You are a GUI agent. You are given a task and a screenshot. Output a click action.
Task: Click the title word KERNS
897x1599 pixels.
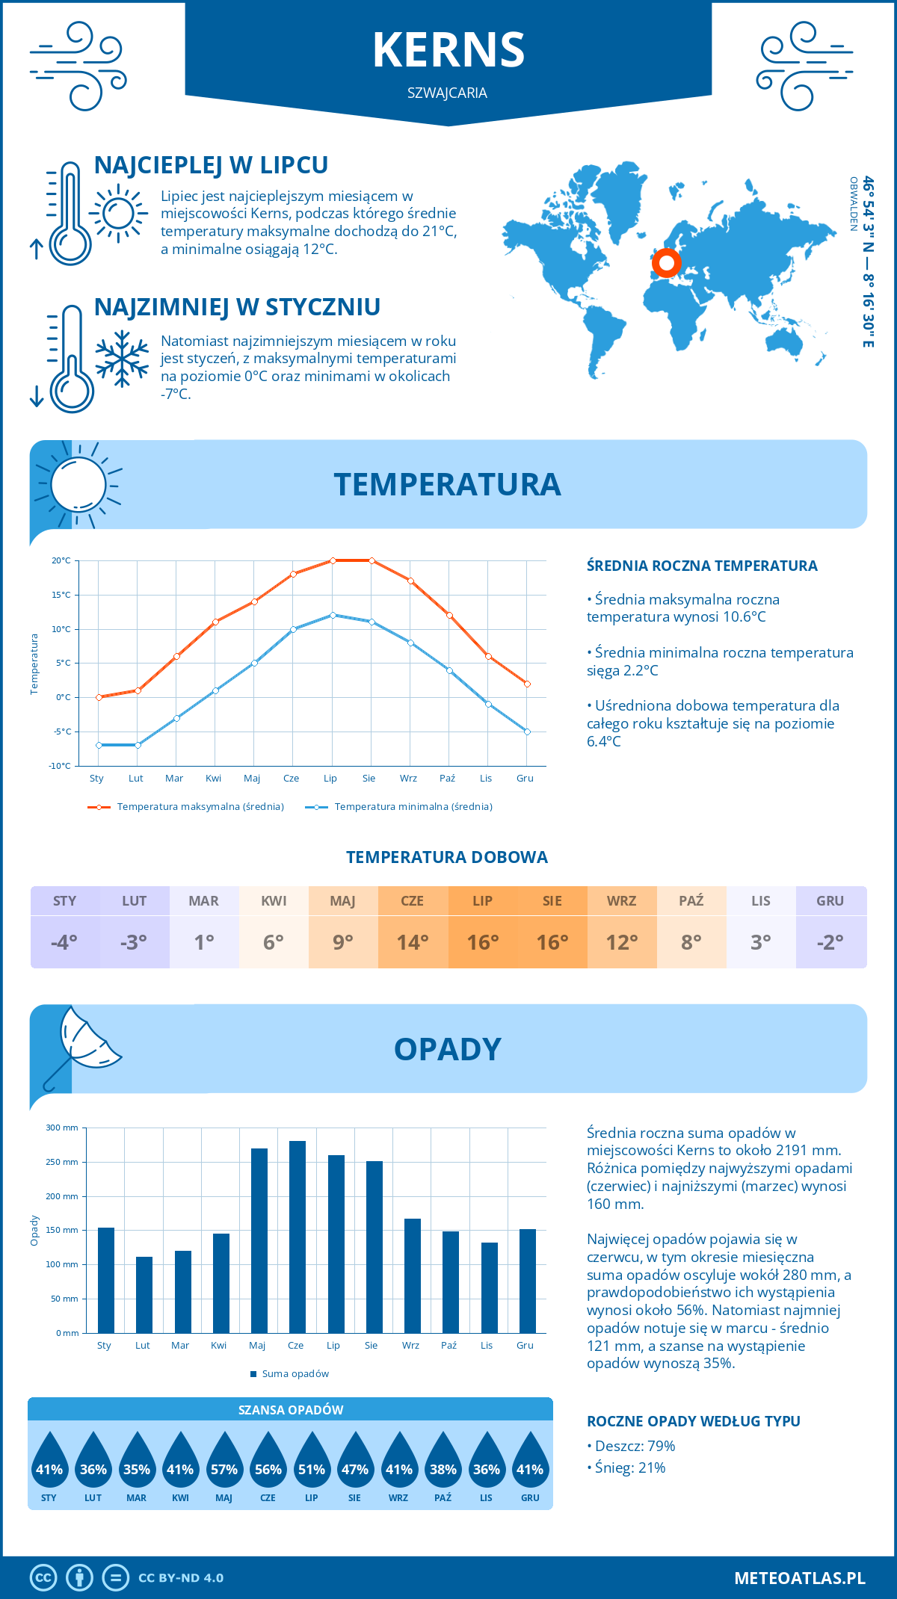(x=449, y=50)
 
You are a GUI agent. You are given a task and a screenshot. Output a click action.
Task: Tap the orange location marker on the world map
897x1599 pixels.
(x=666, y=263)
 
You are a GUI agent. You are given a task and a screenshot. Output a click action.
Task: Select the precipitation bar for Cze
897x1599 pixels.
(x=297, y=1237)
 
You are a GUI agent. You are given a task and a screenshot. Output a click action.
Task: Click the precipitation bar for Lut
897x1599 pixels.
(x=144, y=1294)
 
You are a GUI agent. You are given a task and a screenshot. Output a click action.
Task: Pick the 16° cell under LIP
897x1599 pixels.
(x=483, y=942)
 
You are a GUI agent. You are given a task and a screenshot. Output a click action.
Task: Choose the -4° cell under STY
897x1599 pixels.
(x=64, y=942)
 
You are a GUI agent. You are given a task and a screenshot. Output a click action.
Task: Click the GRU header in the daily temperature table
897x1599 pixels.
(x=830, y=900)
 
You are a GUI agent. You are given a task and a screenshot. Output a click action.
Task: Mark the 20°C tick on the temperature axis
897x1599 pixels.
(x=61, y=560)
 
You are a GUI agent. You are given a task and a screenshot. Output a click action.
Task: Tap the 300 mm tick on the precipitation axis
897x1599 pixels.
(x=63, y=1128)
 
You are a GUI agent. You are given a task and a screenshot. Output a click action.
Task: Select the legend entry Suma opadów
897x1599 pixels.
(x=295, y=1373)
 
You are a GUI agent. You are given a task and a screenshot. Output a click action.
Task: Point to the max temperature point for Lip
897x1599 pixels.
(x=333, y=560)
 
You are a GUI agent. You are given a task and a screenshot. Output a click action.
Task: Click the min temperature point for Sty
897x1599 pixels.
(x=99, y=745)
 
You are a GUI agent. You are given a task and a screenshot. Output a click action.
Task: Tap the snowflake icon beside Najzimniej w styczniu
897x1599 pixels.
(x=122, y=359)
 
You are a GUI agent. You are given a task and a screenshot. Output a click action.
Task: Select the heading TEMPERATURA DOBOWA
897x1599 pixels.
(x=447, y=857)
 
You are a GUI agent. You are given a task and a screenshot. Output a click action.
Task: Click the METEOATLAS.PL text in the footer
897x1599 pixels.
(x=800, y=1577)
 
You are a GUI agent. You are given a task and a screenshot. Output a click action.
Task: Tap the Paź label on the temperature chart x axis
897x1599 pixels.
(x=447, y=778)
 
